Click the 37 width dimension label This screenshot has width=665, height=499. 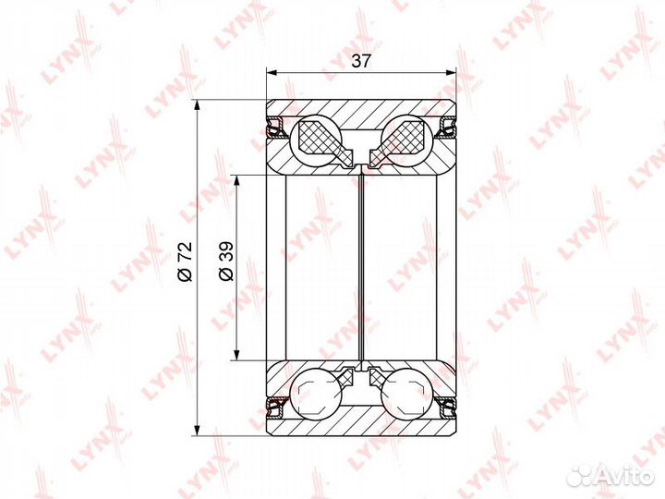361,61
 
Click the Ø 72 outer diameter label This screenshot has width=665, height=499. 186,262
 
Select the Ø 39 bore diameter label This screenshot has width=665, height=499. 226,262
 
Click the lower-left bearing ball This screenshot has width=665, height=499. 317,395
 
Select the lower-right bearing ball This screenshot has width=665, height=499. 405,395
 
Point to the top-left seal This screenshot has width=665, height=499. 275,127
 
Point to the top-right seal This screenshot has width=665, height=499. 446,127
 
